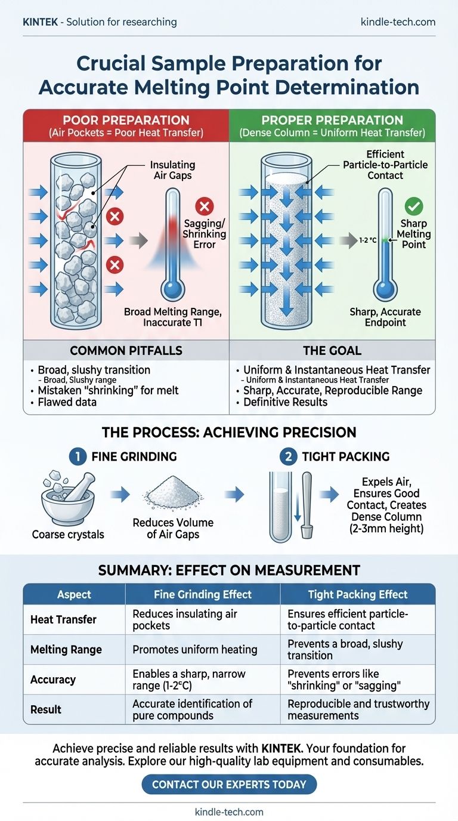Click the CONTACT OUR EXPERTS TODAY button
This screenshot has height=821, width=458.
tap(229, 783)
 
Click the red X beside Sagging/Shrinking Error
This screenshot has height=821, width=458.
tap(204, 206)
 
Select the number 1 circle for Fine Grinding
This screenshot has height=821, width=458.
tap(77, 456)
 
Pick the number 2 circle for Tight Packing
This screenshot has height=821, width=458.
tap(287, 456)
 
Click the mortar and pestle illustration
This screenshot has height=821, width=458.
tap(67, 502)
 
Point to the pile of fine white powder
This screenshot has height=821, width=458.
tap(172, 495)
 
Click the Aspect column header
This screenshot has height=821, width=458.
tap(74, 594)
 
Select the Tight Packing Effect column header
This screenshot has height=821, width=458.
tap(358, 594)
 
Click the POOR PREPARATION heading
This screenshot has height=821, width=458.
tap(125, 120)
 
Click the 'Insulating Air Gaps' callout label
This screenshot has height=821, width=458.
tap(172, 170)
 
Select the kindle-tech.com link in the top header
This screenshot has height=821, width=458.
tap(398, 22)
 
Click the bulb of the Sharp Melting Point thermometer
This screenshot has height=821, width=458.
tap(385, 289)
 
